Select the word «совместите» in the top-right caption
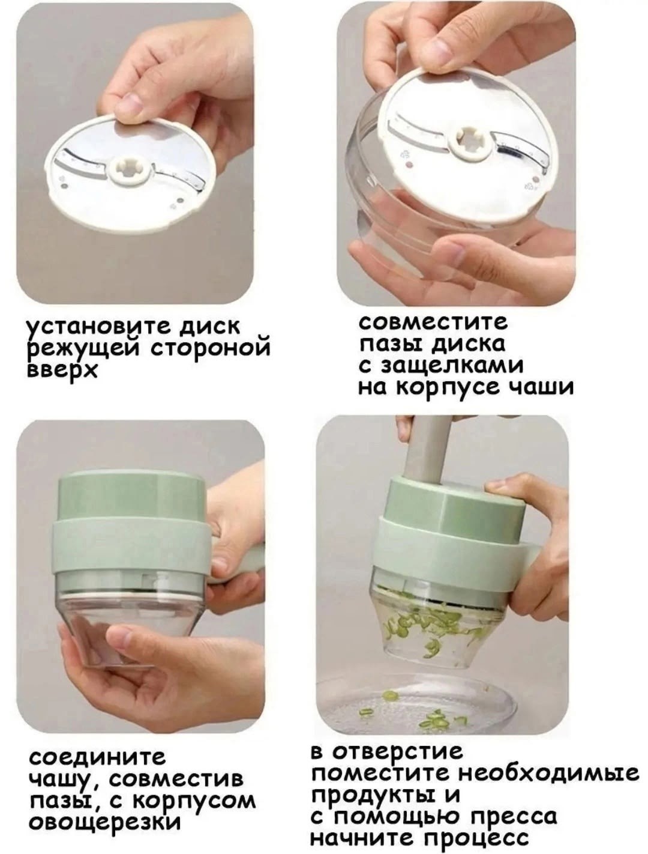click(x=433, y=323)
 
